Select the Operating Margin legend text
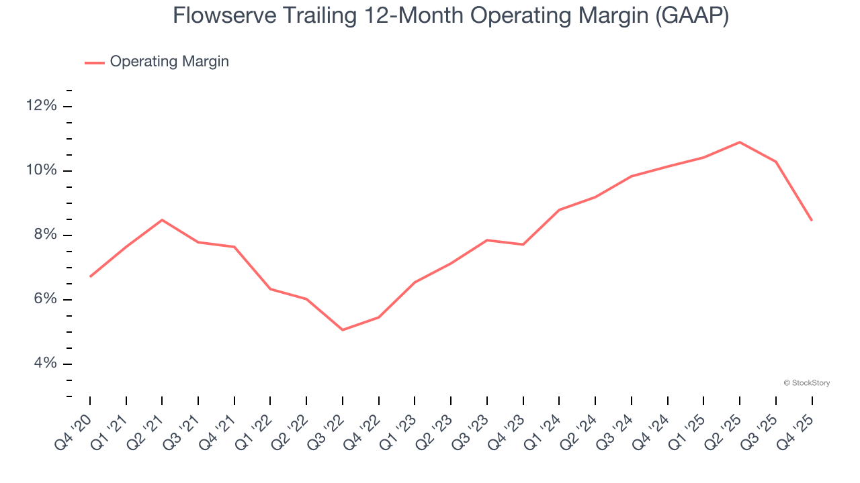[x=169, y=62]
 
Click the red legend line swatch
[x=94, y=62]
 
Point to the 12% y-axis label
[x=42, y=106]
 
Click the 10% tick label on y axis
[x=42, y=170]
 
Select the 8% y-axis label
[x=46, y=235]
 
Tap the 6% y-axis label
[x=46, y=299]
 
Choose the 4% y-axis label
[x=46, y=364]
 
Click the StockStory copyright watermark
[x=806, y=383]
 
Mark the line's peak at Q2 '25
[x=740, y=142]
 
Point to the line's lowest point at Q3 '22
[x=343, y=330]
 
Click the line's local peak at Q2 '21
[x=162, y=220]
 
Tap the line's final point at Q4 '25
[x=812, y=220]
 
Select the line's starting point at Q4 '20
[x=90, y=276]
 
